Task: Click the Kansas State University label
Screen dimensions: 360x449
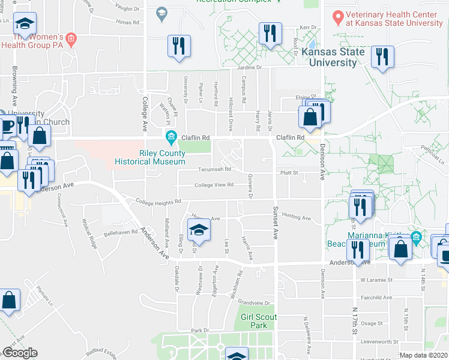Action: tap(329, 58)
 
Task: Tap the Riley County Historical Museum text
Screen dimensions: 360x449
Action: tap(171, 157)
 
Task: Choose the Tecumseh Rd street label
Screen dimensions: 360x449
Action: tap(211, 169)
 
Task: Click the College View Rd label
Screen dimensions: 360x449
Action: tap(214, 185)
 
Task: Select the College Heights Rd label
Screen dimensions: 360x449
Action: tap(158, 202)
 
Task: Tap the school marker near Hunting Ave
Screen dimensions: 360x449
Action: tap(199, 230)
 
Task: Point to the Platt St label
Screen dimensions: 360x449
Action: tap(289, 173)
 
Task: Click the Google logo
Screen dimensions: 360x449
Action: tap(20, 353)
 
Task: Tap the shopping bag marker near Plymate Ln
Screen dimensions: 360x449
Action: tap(10, 301)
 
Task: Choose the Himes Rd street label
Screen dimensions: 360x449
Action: tap(127, 22)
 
